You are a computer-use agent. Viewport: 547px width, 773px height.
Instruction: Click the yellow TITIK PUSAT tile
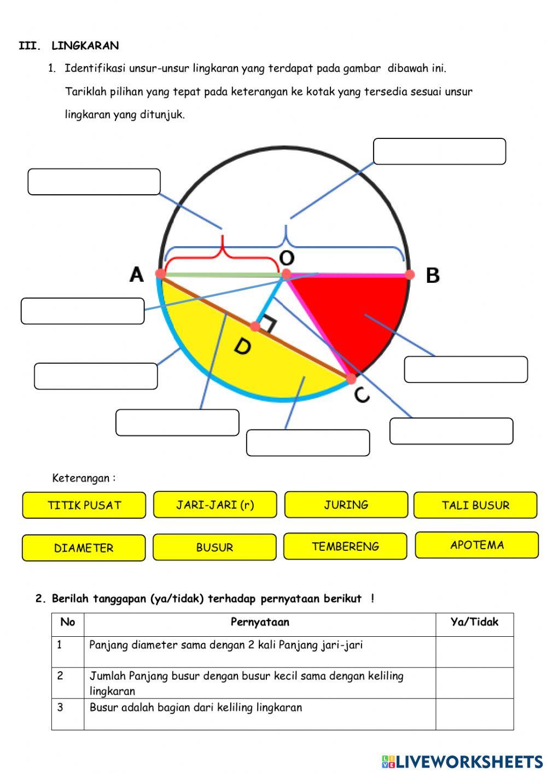pos(84,505)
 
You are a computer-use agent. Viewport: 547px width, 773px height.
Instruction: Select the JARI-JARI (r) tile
pos(215,504)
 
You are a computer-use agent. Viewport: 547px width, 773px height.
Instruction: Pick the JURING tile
pos(346,504)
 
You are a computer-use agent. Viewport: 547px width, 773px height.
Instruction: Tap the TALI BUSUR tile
pos(475,505)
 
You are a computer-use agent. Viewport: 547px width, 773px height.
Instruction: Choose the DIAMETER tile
pos(84,548)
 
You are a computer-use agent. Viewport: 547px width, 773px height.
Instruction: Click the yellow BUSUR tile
pos(214,547)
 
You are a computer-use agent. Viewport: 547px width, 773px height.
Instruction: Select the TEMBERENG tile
pos(345,546)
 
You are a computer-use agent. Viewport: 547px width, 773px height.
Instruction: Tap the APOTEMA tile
pos(477,545)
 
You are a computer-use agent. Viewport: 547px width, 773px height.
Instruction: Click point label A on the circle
pos(137,274)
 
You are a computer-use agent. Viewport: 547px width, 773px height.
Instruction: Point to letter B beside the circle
pos(433,275)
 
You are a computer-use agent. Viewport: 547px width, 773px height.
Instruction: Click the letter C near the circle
pos(362,394)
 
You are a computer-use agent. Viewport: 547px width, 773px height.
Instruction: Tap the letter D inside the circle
pos(242,346)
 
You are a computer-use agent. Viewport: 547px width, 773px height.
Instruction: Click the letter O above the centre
pos(287,258)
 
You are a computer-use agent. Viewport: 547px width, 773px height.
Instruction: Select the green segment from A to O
pos(222,275)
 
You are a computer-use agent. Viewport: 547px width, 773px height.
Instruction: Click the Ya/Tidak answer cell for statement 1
pos(474,652)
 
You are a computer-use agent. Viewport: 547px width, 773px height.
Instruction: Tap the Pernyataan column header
pos(260,622)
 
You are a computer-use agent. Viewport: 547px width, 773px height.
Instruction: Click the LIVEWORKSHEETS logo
pos(462,761)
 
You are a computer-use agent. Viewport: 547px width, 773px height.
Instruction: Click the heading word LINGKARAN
pos(85,45)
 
